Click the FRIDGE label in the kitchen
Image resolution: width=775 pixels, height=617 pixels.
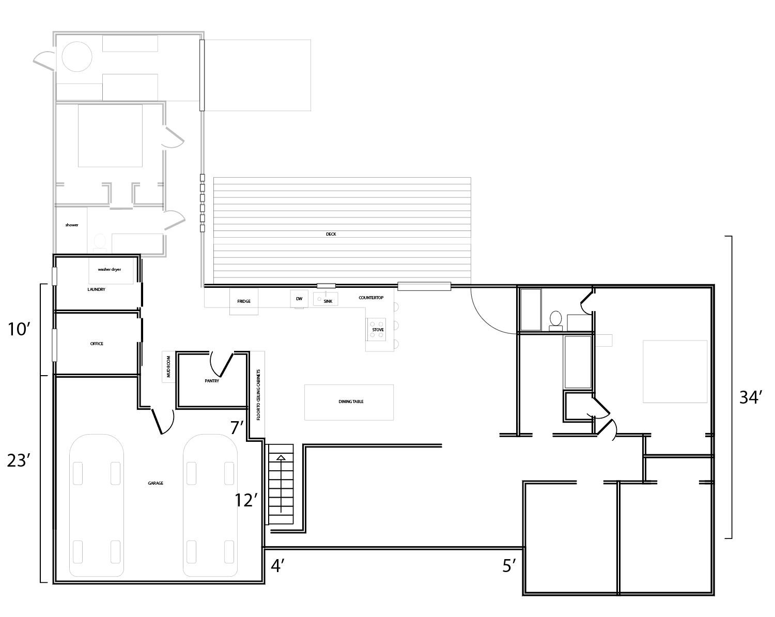pyautogui.click(x=244, y=301)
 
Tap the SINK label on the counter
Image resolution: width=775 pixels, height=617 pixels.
pyautogui.click(x=328, y=301)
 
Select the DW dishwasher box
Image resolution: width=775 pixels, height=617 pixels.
pyautogui.click(x=299, y=299)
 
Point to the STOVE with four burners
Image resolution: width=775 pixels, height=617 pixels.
pyautogui.click(x=376, y=330)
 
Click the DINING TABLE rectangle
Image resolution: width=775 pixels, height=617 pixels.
pyautogui.click(x=349, y=403)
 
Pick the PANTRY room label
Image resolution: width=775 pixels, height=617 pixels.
pyautogui.click(x=212, y=381)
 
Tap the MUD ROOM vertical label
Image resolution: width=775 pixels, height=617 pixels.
pyautogui.click(x=168, y=367)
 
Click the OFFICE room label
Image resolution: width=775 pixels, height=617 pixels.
pyautogui.click(x=97, y=344)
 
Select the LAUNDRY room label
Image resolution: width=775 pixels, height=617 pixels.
pyautogui.click(x=96, y=289)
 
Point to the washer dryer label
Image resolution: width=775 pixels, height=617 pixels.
pyautogui.click(x=110, y=269)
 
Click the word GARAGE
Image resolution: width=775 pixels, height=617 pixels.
pyautogui.click(x=156, y=483)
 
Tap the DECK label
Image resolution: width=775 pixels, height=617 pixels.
pyautogui.click(x=331, y=234)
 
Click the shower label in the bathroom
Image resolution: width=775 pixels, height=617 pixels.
pyautogui.click(x=72, y=225)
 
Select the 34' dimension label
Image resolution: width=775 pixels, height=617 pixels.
pyautogui.click(x=751, y=397)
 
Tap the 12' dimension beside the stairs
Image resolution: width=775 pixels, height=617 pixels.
pyautogui.click(x=246, y=500)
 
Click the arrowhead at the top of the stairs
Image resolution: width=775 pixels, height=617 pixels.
pyautogui.click(x=281, y=457)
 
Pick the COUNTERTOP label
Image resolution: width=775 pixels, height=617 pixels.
pyautogui.click(x=371, y=298)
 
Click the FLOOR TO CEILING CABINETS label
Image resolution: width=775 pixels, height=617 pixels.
pyautogui.click(x=258, y=395)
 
